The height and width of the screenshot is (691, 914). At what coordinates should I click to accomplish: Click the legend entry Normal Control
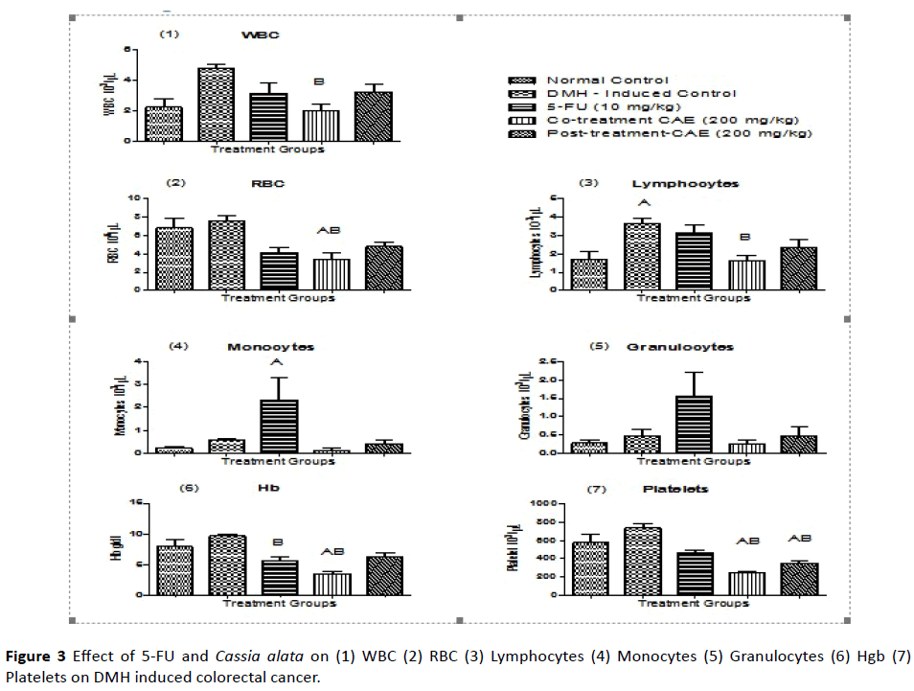[x=606, y=80]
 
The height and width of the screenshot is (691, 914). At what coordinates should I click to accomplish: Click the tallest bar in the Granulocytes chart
[x=693, y=424]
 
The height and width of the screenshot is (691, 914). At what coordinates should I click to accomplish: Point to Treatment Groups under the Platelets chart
[x=692, y=604]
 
